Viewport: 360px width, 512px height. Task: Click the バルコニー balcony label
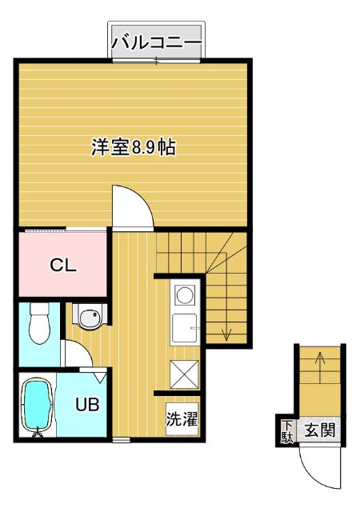[157, 42]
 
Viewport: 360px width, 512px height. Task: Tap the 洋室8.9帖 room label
[134, 147]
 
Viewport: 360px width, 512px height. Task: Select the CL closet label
[63, 266]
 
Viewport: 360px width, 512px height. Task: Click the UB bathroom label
[87, 405]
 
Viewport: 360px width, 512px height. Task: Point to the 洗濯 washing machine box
[182, 419]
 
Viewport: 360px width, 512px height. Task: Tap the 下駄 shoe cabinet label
[287, 432]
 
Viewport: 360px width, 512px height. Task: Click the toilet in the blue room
[39, 323]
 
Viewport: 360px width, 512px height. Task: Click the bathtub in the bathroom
[37, 406]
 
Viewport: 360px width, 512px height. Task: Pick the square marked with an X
[184, 374]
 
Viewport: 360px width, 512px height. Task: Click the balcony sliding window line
[156, 61]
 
